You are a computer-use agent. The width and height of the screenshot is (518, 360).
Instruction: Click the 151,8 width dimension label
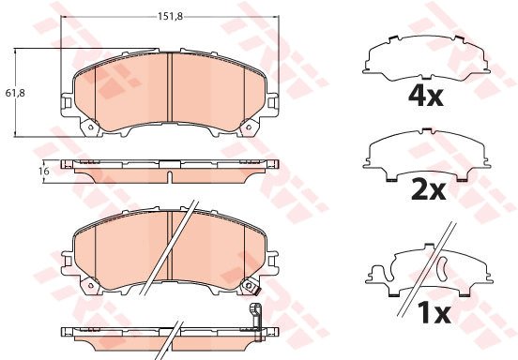[170, 16]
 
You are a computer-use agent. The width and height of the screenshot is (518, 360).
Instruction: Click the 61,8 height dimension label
[15, 93]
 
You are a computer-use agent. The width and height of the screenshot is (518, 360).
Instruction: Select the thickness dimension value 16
[43, 171]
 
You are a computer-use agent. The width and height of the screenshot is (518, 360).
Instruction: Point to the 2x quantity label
[429, 190]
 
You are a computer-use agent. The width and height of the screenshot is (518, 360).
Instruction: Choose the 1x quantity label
[434, 313]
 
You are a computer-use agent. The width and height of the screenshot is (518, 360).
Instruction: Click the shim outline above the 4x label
[426, 57]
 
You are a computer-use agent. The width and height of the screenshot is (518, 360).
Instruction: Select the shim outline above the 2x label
[426, 155]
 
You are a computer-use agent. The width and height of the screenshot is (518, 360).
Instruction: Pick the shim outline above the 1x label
[429, 269]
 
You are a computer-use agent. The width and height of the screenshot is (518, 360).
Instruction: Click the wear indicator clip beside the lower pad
[256, 322]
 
